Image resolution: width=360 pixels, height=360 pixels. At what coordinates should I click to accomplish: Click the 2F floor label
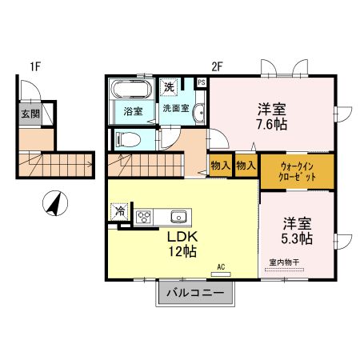tap(217, 66)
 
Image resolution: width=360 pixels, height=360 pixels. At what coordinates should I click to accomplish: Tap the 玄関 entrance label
tap(28, 113)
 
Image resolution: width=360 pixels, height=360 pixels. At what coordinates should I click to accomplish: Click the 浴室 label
tap(133, 111)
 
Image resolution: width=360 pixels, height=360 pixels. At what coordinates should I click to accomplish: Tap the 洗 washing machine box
tap(170, 86)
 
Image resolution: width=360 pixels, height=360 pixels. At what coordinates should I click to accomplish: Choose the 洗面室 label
tap(176, 107)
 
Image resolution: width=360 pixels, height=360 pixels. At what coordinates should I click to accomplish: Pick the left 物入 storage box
tap(220, 166)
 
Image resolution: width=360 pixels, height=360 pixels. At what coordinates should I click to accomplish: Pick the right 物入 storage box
tap(246, 166)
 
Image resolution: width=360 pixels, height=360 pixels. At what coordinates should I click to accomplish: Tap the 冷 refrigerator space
tap(119, 212)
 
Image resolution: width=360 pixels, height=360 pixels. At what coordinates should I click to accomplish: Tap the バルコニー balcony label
tap(194, 293)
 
